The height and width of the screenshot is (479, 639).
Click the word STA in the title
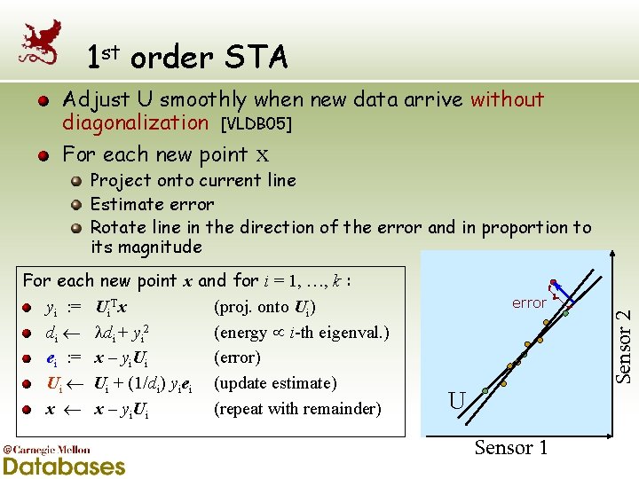[x=256, y=58]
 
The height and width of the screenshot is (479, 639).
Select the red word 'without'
[x=507, y=99]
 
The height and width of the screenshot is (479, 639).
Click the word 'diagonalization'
[x=135, y=122]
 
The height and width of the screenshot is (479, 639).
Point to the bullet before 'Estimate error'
[x=77, y=204]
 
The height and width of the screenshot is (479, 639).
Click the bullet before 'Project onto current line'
[x=77, y=181]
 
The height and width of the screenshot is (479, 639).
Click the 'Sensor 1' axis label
[x=511, y=448]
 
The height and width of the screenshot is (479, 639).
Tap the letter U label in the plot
[x=456, y=401]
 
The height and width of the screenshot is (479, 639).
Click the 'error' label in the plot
[x=529, y=303]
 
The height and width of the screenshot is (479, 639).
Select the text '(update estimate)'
[x=275, y=383]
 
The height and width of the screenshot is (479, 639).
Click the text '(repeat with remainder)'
[x=297, y=409]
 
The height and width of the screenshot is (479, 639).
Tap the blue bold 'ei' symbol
[x=51, y=358]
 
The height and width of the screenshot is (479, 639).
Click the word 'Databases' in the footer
[x=64, y=465]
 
